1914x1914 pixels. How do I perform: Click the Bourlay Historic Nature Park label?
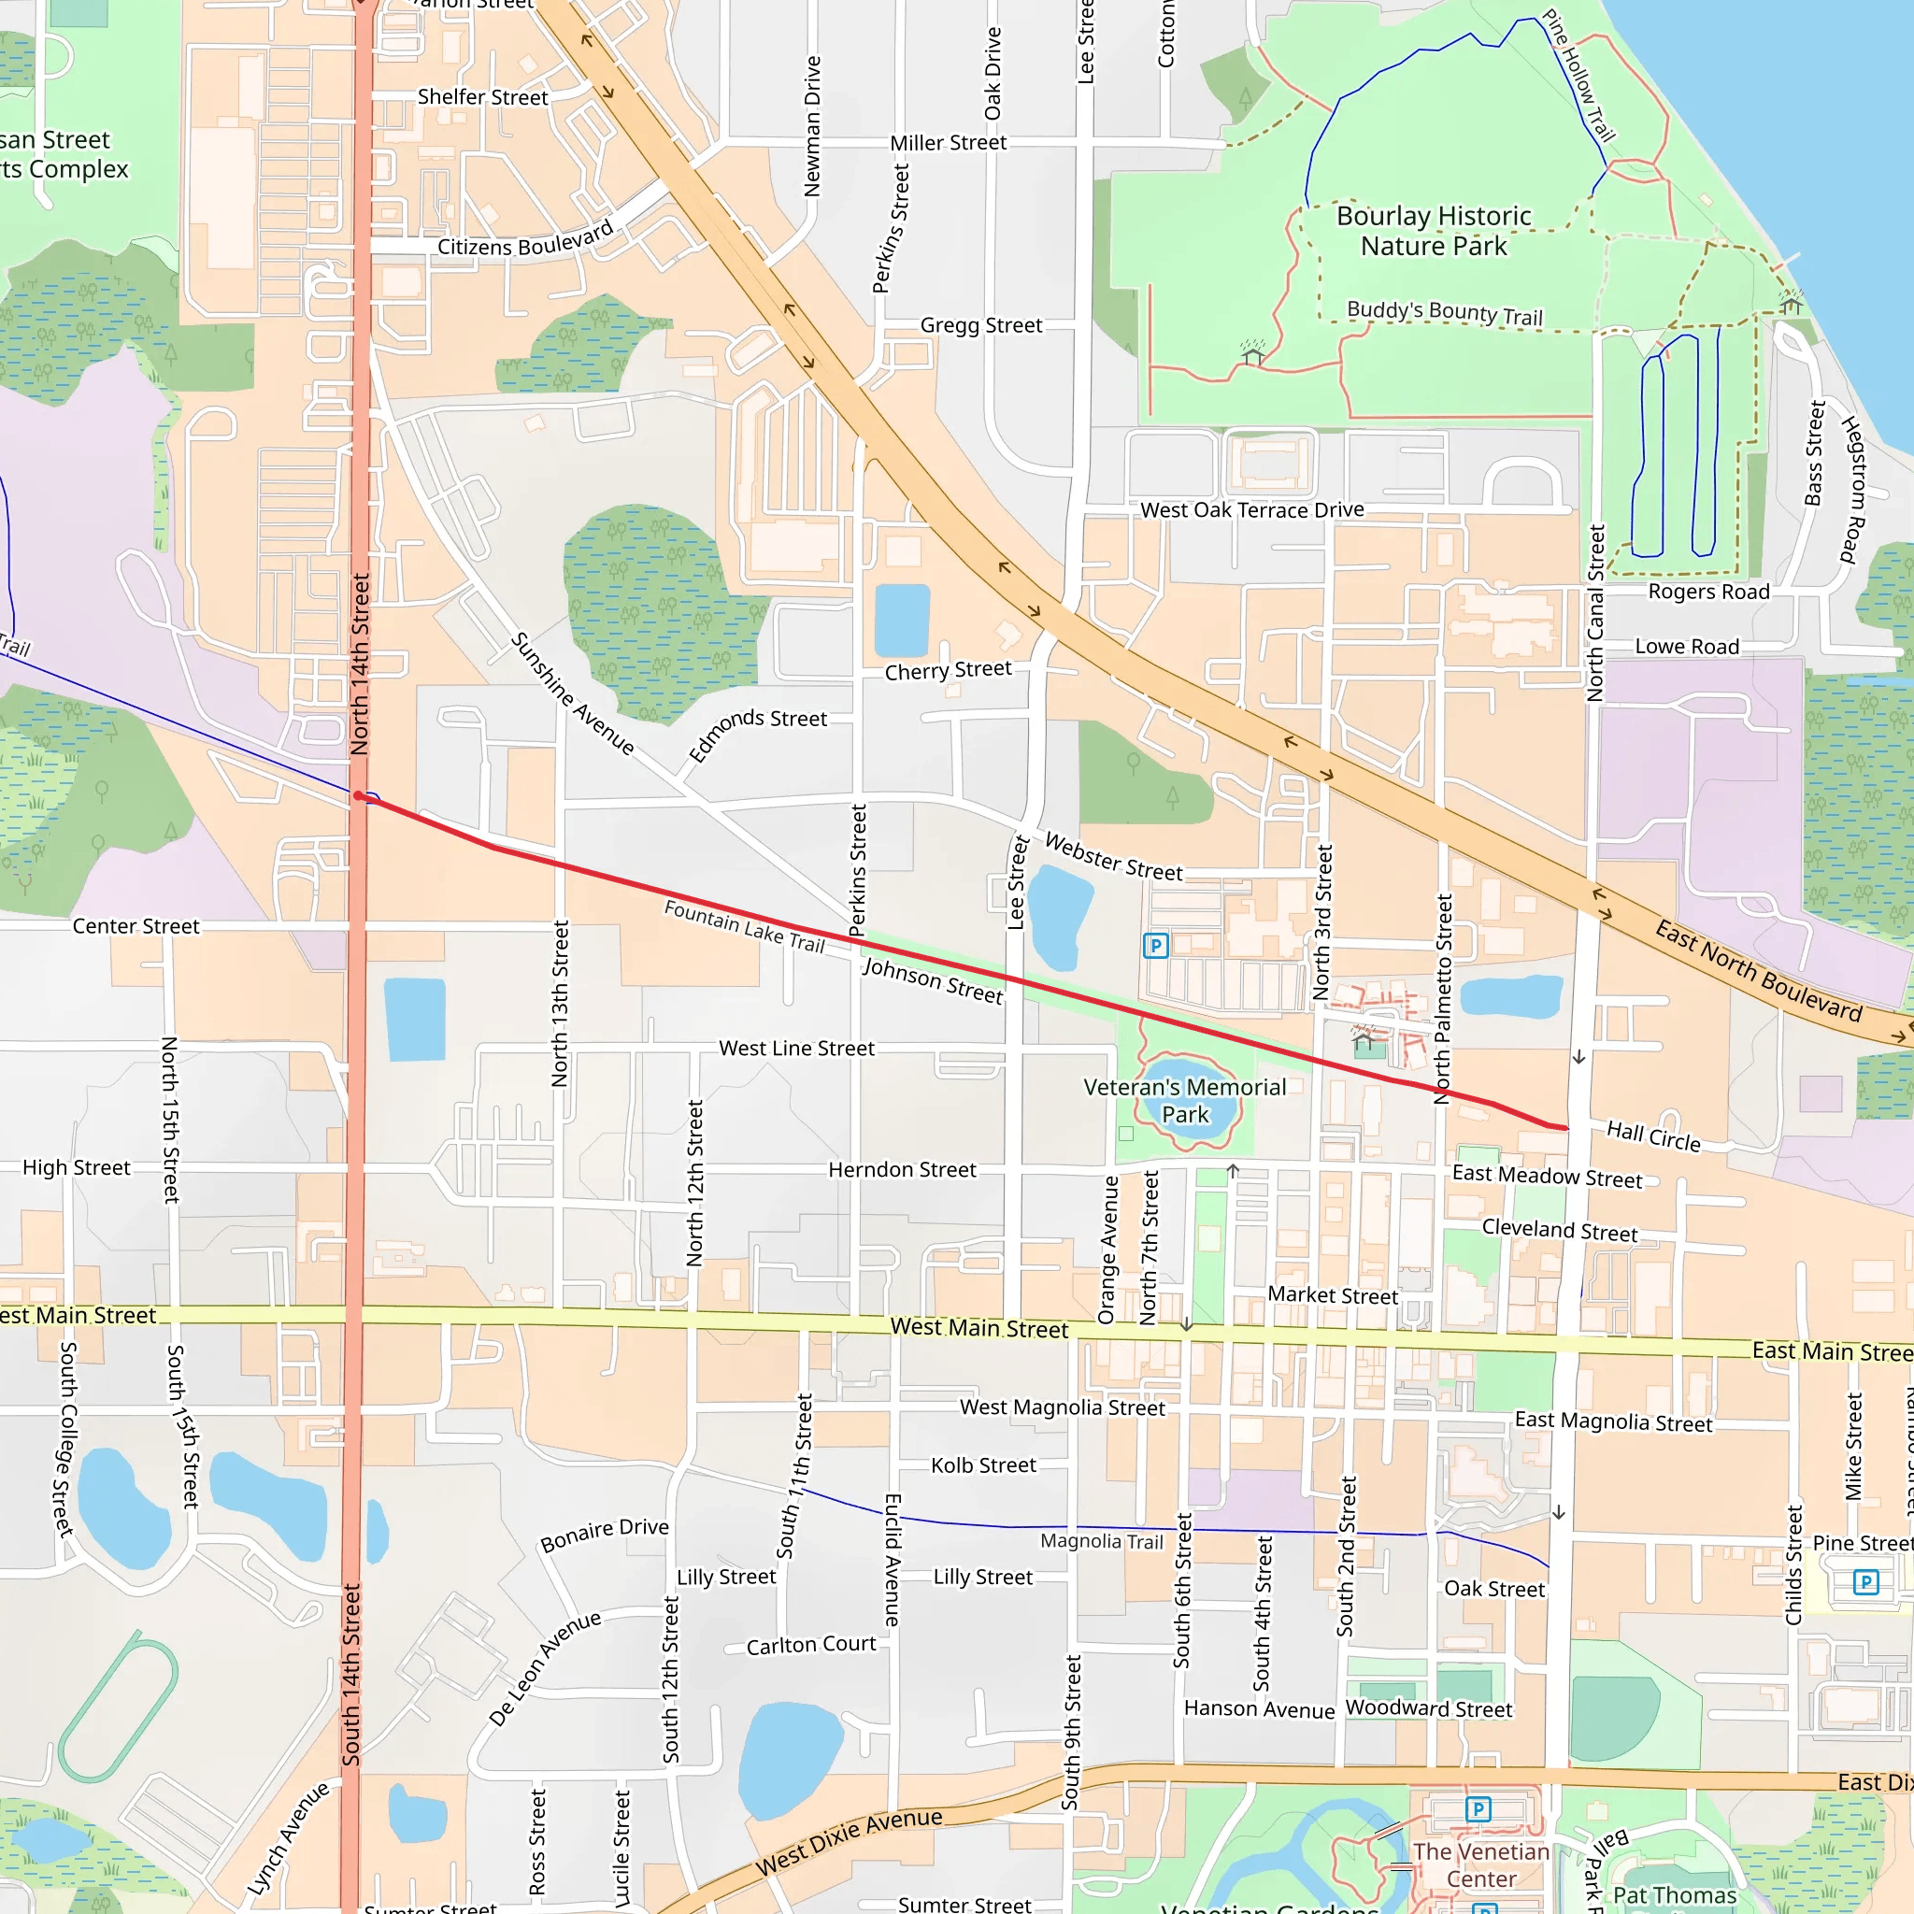point(1434,231)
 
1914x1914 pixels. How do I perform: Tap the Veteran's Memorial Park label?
point(1185,1101)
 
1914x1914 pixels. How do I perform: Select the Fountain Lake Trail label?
point(744,925)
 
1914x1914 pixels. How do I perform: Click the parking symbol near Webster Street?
point(1155,945)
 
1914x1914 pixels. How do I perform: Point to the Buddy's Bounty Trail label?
point(1445,313)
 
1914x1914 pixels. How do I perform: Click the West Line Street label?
point(796,1049)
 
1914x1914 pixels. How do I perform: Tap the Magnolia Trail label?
point(1102,1541)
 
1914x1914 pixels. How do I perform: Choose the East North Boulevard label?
point(1759,971)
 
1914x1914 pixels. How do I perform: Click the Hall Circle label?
point(1653,1136)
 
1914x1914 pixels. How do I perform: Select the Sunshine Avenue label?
point(573,693)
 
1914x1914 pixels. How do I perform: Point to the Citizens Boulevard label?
point(526,238)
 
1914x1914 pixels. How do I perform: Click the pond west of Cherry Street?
point(902,621)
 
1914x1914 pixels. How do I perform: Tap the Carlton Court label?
point(811,1646)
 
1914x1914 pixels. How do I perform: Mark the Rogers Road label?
point(1709,593)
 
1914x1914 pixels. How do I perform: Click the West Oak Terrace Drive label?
point(1252,510)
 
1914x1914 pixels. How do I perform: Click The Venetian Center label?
point(1481,1865)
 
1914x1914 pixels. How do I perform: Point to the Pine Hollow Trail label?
point(1579,76)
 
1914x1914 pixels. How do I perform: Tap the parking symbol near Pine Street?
point(1865,1581)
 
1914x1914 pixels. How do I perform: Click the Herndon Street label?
point(903,1170)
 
